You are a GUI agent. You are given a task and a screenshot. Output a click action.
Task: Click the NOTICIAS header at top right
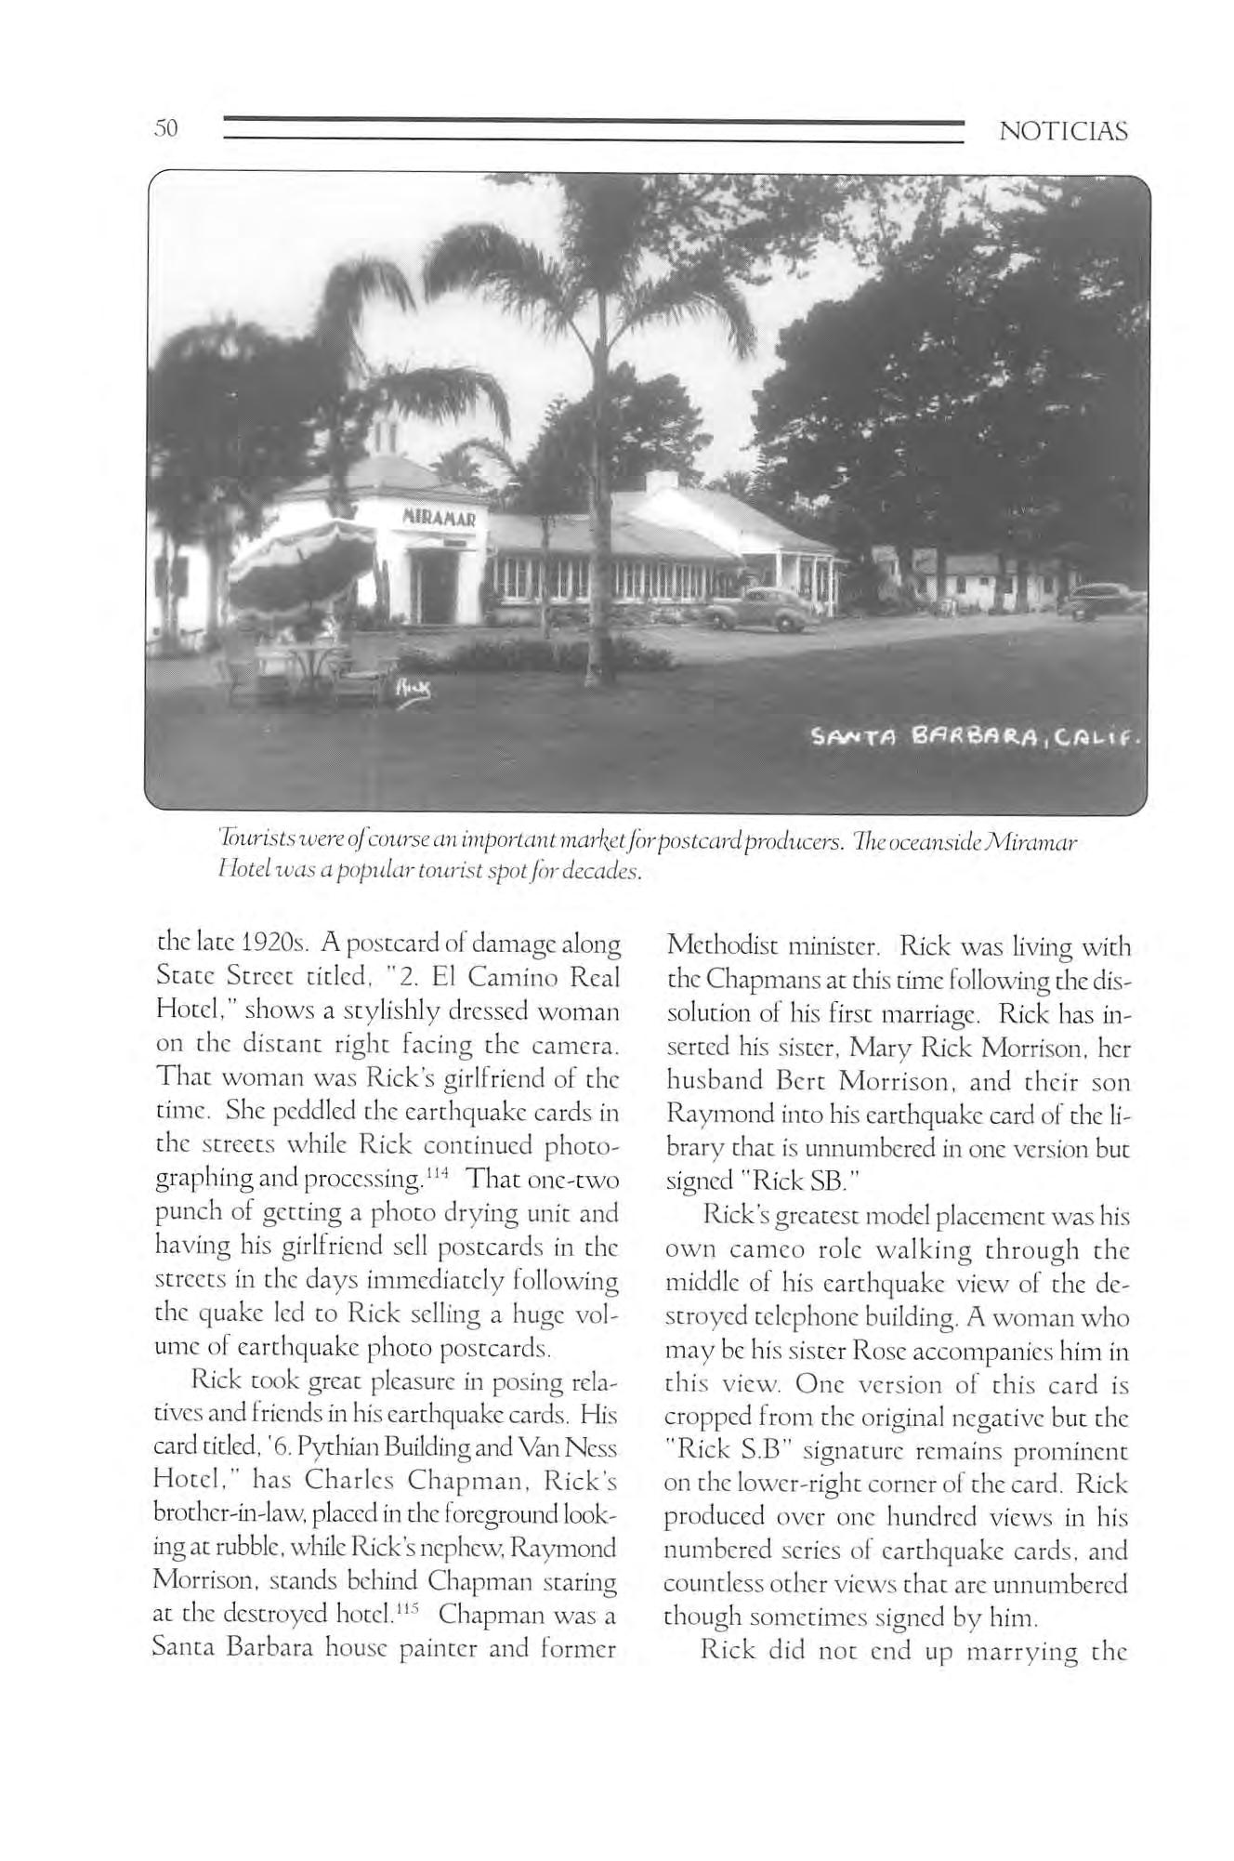point(1063,131)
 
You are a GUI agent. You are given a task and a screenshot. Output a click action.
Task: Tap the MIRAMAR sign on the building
point(439,516)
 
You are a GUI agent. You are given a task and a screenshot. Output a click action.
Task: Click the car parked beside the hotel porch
point(749,609)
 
